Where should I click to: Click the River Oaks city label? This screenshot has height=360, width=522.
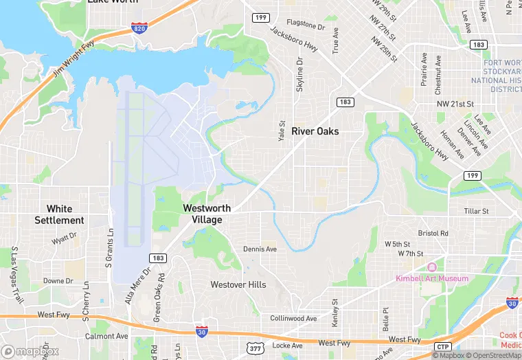coord(315,131)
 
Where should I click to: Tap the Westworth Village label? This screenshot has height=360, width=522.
coord(207,214)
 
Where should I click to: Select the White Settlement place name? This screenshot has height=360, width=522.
coord(60,214)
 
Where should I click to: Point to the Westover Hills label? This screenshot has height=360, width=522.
coord(238,284)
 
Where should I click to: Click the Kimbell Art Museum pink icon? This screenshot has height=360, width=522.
coord(431,267)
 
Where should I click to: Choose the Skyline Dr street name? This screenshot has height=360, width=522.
coord(299,74)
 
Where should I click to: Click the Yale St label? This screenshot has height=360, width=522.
coord(281,131)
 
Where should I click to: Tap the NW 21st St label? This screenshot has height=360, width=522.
coord(456,103)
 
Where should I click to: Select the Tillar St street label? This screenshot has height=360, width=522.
coord(476,212)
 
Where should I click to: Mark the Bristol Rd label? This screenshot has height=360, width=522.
coord(433,234)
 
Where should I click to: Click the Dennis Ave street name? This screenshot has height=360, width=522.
coord(260,249)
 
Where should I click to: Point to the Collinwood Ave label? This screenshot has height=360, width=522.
coord(293,319)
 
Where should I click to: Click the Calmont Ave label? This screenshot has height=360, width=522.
coord(106,337)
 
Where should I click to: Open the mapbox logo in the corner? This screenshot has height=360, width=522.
coord(30,350)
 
